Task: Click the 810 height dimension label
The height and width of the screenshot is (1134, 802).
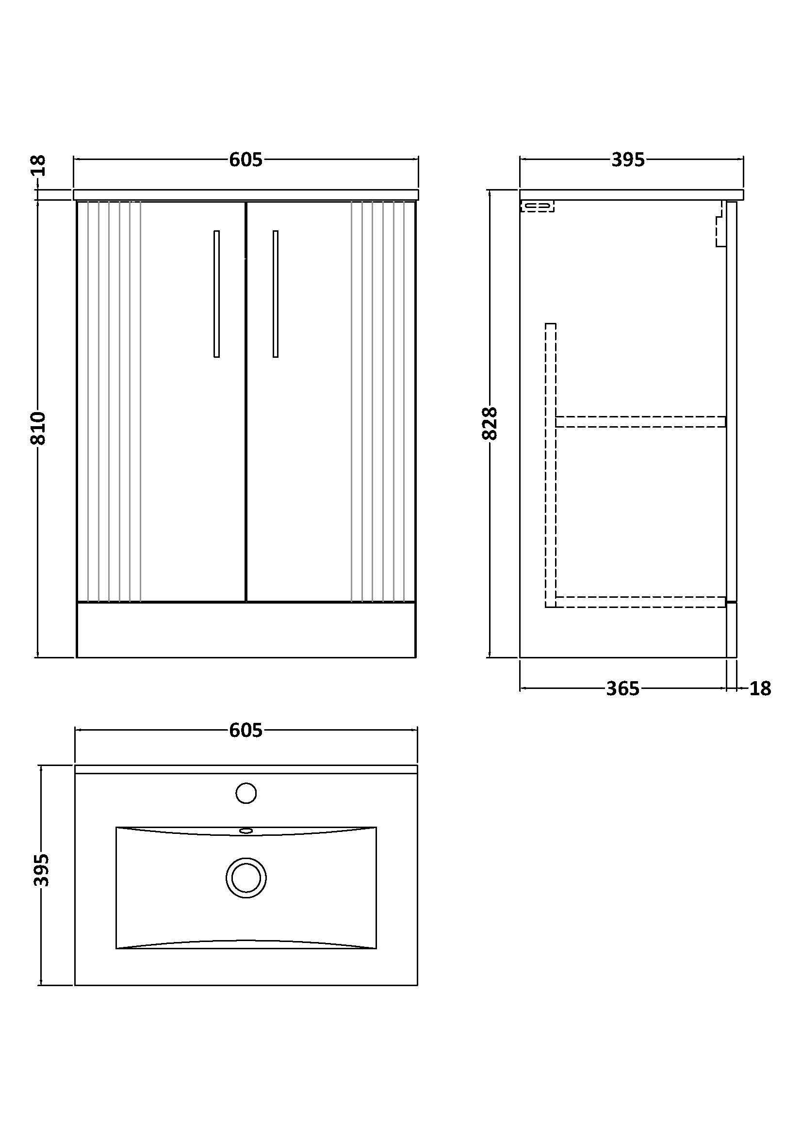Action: pos(38,428)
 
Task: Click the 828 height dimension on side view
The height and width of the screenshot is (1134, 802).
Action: pos(490,423)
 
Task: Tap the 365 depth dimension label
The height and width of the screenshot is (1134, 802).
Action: pos(622,688)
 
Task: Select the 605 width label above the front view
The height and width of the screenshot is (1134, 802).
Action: pos(246,160)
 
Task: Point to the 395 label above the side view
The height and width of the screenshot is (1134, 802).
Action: pos(628,160)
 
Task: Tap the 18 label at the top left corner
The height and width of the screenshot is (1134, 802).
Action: pos(38,165)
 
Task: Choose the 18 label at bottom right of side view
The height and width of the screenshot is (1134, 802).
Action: pos(760,688)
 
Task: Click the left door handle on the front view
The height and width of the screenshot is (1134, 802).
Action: pos(216,294)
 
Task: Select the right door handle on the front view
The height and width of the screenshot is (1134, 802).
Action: pos(275,294)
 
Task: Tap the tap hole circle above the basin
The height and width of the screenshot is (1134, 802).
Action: pos(246,794)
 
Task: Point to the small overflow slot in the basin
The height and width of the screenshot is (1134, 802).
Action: pos(246,831)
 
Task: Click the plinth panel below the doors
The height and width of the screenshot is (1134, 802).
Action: pos(246,630)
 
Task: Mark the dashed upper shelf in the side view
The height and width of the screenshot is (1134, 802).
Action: pos(640,421)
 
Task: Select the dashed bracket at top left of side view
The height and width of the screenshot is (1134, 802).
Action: pos(537,206)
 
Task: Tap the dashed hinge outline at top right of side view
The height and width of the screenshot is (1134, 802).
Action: pos(720,224)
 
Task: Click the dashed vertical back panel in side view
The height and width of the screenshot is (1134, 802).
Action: pos(551,465)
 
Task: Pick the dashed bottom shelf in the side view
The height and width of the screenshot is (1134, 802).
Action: pos(640,602)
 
